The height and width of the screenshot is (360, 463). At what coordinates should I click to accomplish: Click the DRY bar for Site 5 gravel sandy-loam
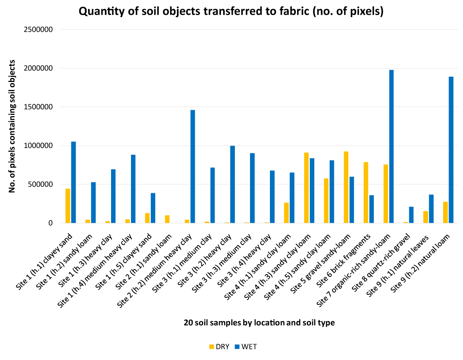pyautogui.click(x=346, y=187)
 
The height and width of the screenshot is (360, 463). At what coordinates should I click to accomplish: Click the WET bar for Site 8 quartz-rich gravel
pyautogui.click(x=411, y=215)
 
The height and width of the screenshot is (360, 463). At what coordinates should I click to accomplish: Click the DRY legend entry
pyautogui.click(x=219, y=346)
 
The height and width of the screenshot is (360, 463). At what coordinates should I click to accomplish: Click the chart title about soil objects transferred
pyautogui.click(x=231, y=12)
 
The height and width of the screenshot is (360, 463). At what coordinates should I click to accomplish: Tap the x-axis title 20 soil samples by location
pyautogui.click(x=259, y=323)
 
